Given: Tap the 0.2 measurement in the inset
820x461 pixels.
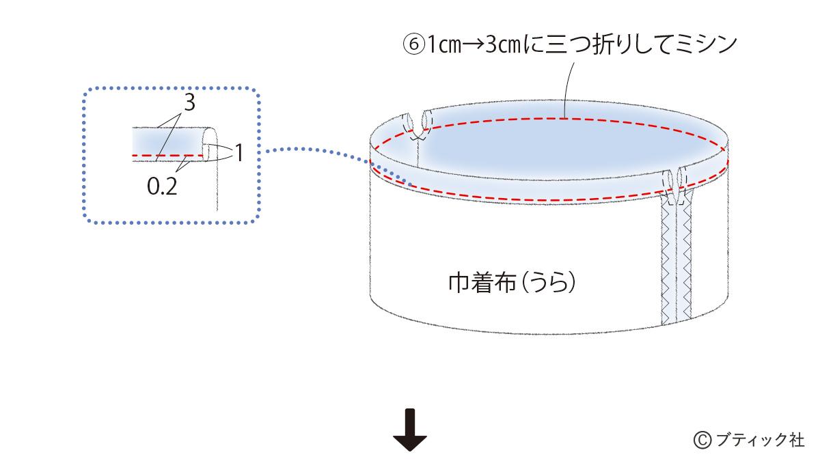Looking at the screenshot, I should (162, 185).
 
